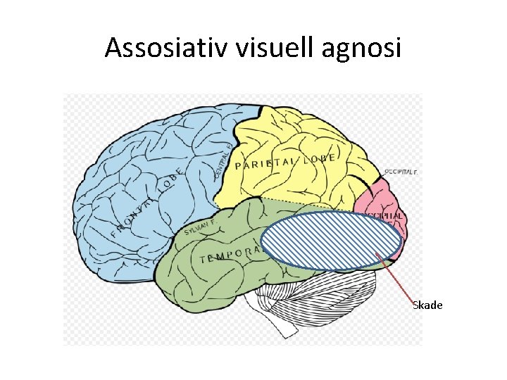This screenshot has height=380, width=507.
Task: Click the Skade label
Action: [x=427, y=305]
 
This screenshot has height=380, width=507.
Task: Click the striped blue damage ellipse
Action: [x=331, y=241]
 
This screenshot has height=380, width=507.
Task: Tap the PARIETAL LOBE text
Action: [x=284, y=161]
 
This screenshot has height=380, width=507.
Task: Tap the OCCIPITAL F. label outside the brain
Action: [x=402, y=171]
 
